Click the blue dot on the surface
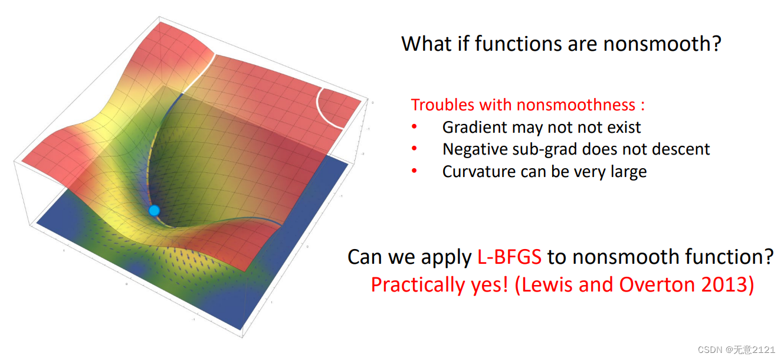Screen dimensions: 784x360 coord(154,211)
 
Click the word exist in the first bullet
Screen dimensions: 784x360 coord(624,127)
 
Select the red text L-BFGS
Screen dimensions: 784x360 coord(509,257)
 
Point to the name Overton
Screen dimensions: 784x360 coord(657,284)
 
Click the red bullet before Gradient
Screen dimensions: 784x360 coord(414,127)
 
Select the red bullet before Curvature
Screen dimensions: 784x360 coord(414,171)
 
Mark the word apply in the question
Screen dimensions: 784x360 coord(446,258)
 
